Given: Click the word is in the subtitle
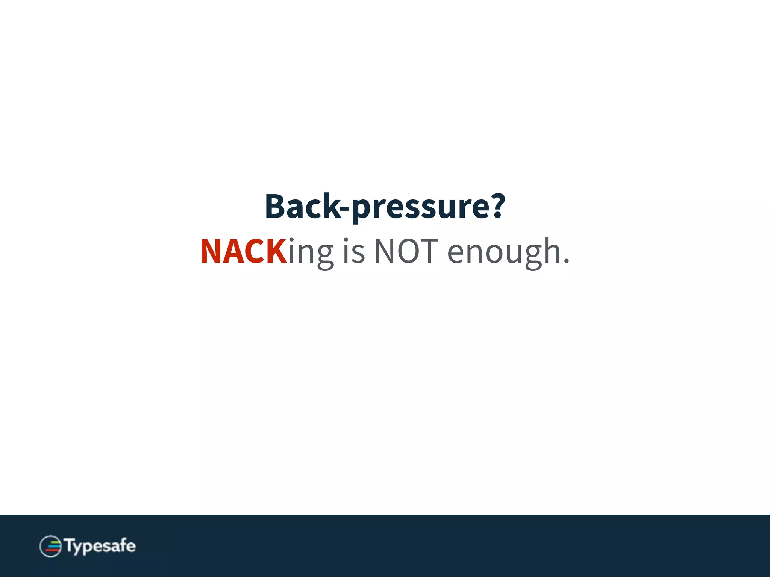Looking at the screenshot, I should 354,251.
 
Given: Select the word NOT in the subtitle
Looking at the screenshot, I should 406,251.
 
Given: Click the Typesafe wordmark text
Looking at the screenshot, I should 100,546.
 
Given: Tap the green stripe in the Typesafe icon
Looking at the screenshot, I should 56,542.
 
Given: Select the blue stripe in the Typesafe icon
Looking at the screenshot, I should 54,547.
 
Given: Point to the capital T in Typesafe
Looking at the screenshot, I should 70,545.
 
